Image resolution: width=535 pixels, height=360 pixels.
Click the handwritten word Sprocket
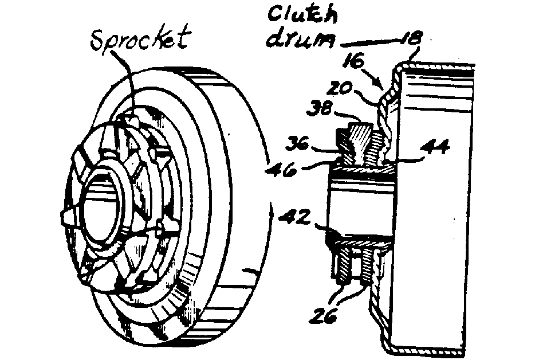point(140,38)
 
